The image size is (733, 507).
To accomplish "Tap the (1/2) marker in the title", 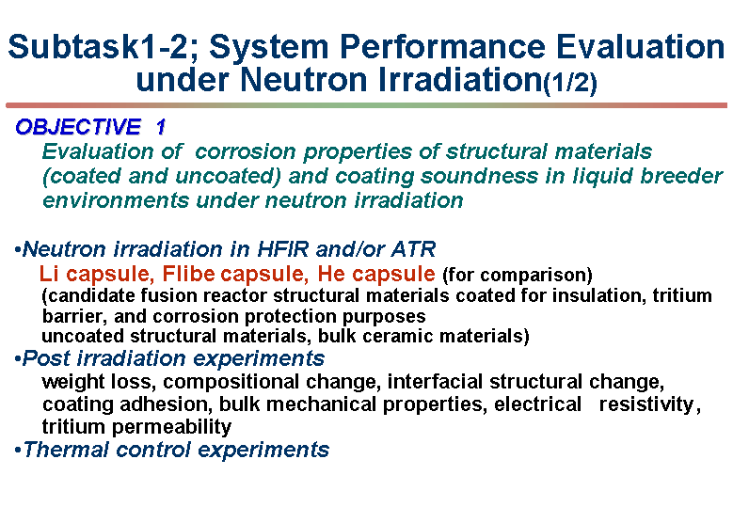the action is (x=570, y=83).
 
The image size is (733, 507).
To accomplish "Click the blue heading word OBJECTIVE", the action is (x=78, y=127).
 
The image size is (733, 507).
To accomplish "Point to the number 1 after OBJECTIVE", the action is (x=161, y=127).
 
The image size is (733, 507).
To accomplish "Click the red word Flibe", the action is (x=188, y=274).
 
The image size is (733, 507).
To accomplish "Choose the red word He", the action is (x=331, y=274).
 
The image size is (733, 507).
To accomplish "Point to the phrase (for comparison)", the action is (x=517, y=275).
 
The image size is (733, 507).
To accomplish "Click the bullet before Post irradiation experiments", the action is (x=18, y=360).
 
